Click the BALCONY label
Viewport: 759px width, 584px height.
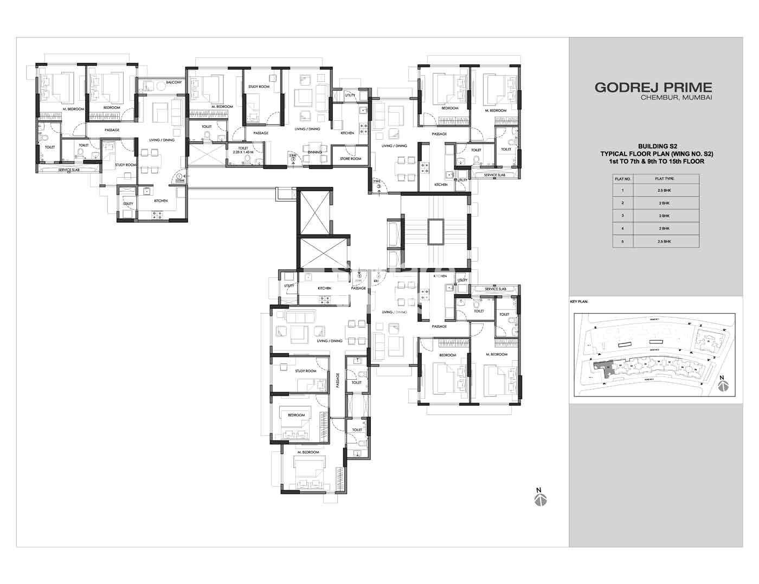[x=174, y=82]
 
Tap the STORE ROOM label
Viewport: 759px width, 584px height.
[x=351, y=159]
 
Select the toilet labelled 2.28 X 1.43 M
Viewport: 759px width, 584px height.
[x=242, y=150]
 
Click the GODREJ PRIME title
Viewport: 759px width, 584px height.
[x=653, y=87]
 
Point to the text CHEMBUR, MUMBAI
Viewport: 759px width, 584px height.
[x=676, y=98]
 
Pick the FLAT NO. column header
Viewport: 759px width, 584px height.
[x=622, y=178]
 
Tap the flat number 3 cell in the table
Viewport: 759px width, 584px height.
[x=622, y=216]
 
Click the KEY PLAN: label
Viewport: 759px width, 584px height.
[x=579, y=301]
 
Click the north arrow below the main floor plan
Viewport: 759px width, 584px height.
[x=539, y=498]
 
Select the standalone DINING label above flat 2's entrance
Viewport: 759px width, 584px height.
[x=314, y=152]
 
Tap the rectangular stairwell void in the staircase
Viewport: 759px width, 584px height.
[x=435, y=231]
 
